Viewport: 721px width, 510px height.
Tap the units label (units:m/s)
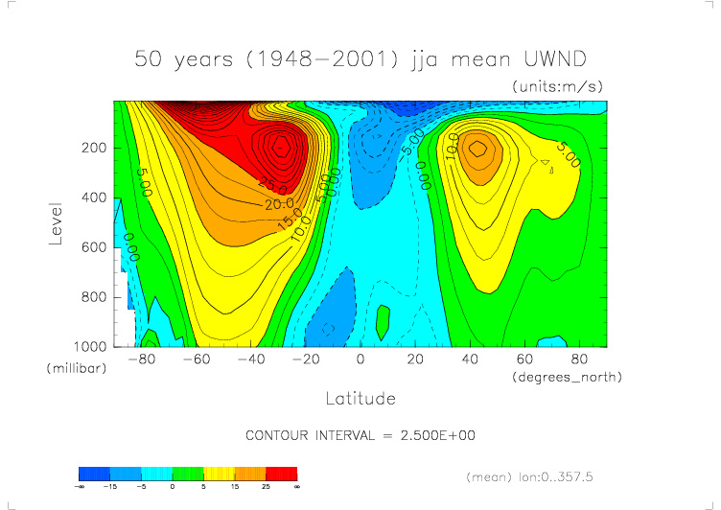[x=557, y=86]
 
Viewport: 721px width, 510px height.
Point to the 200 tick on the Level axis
[x=93, y=149]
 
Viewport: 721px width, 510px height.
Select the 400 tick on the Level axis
[x=93, y=197]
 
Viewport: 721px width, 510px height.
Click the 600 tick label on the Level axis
[x=93, y=247]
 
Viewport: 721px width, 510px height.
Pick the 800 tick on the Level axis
[x=93, y=297]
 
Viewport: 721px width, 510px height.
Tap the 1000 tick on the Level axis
[x=89, y=346]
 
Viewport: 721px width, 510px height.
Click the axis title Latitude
[x=360, y=398]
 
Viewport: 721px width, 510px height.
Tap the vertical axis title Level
[x=57, y=222]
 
